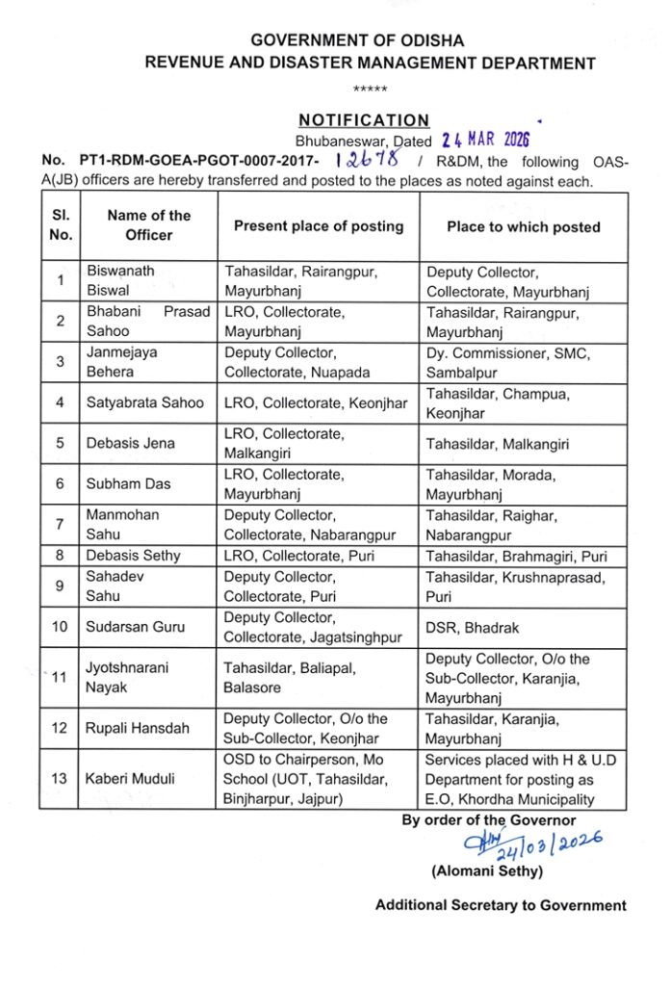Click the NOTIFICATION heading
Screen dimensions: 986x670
[364, 120]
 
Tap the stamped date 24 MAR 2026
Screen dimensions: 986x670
[479, 141]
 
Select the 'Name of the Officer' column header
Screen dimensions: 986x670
[148, 225]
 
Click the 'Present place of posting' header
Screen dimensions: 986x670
[319, 226]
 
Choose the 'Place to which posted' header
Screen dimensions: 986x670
[523, 227]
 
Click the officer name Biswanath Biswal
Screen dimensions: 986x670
[120, 281]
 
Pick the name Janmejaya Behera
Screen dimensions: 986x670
[123, 362]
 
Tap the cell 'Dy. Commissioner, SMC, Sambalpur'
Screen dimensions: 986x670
[507, 362]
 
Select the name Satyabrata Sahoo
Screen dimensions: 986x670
[145, 402]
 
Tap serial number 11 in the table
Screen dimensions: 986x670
[60, 677]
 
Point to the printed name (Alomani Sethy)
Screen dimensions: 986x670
[487, 872]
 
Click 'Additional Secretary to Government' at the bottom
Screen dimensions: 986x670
[501, 905]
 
